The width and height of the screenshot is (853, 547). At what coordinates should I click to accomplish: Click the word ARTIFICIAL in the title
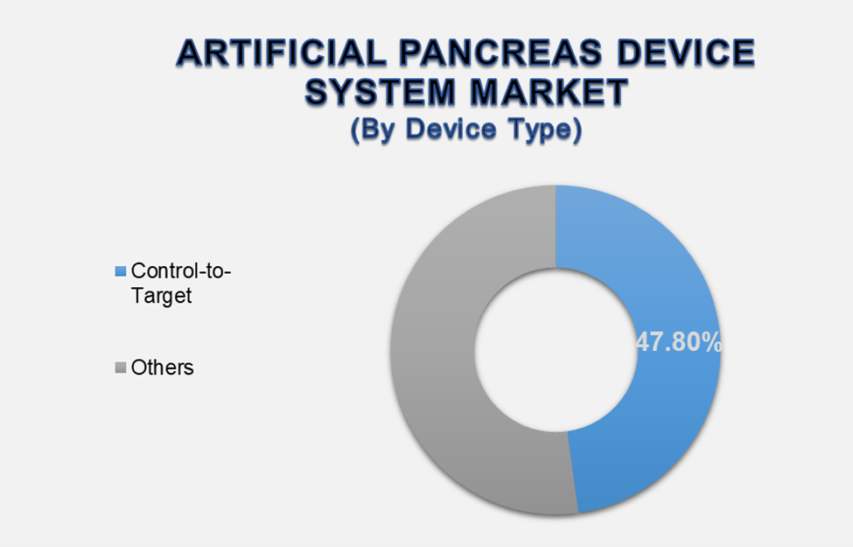(x=278, y=54)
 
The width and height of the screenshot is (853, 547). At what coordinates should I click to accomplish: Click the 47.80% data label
(x=679, y=343)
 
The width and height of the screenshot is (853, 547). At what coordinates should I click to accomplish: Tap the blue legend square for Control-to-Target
(x=121, y=271)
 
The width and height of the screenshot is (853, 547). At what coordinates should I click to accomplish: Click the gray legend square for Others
(x=121, y=368)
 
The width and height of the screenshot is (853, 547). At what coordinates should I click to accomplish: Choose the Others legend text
(x=163, y=368)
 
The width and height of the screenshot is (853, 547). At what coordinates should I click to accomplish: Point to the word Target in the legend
(x=161, y=296)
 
